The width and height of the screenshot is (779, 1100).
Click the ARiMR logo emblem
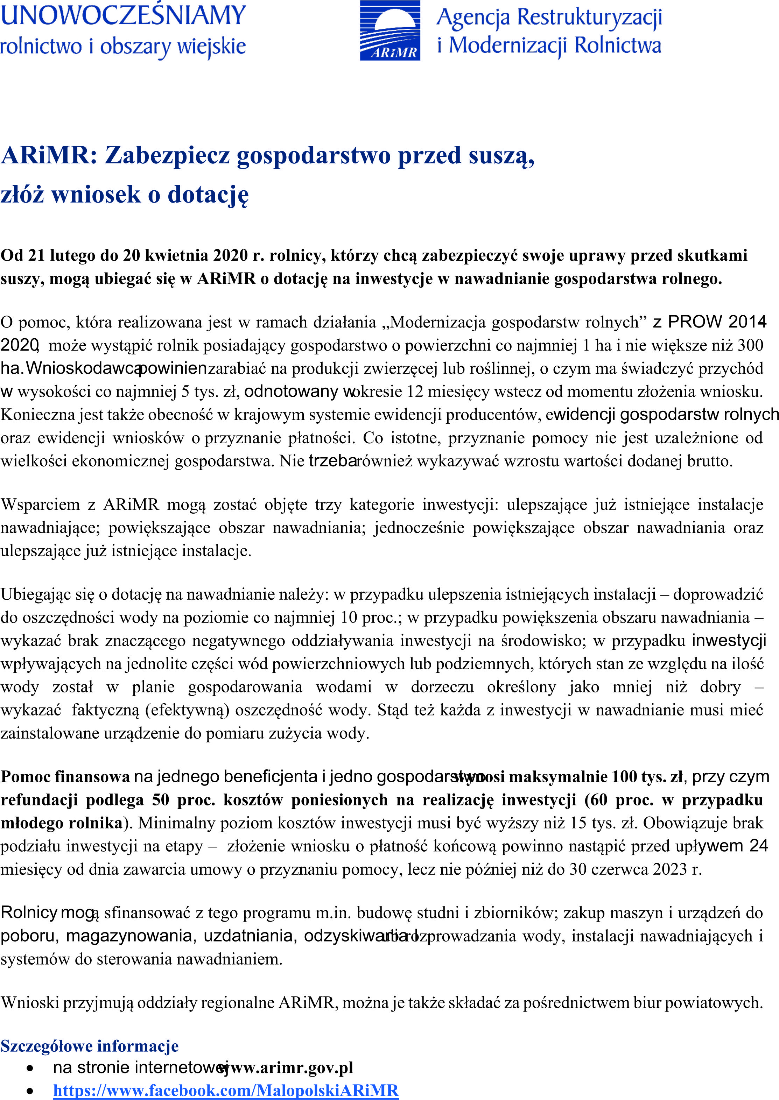click(390, 30)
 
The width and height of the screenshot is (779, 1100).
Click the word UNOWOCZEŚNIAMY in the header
click(123, 15)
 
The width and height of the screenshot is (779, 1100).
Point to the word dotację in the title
click(208, 195)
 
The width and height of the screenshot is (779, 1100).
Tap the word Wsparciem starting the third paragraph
click(40, 505)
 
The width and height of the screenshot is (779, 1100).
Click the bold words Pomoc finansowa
click(65, 777)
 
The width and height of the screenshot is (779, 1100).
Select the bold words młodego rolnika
click(61, 823)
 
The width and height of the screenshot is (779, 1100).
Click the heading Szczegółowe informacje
click(89, 1046)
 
